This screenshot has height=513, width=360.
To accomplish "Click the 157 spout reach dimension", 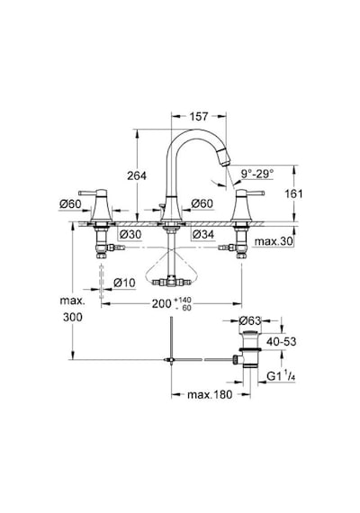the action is (199, 116).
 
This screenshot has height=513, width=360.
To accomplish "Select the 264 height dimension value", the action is (137, 175).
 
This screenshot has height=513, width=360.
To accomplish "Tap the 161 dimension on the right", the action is (293, 193).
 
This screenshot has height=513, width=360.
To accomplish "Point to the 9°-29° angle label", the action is (257, 174).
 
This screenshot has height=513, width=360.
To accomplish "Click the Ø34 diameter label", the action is (203, 234).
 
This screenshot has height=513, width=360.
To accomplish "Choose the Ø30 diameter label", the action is (130, 234).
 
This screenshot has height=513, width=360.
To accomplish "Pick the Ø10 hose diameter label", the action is (124, 283).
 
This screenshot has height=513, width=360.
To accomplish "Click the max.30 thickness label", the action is (274, 242).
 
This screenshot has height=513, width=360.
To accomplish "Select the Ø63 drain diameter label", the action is (250, 320).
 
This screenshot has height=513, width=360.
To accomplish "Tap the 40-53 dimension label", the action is (281, 342).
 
